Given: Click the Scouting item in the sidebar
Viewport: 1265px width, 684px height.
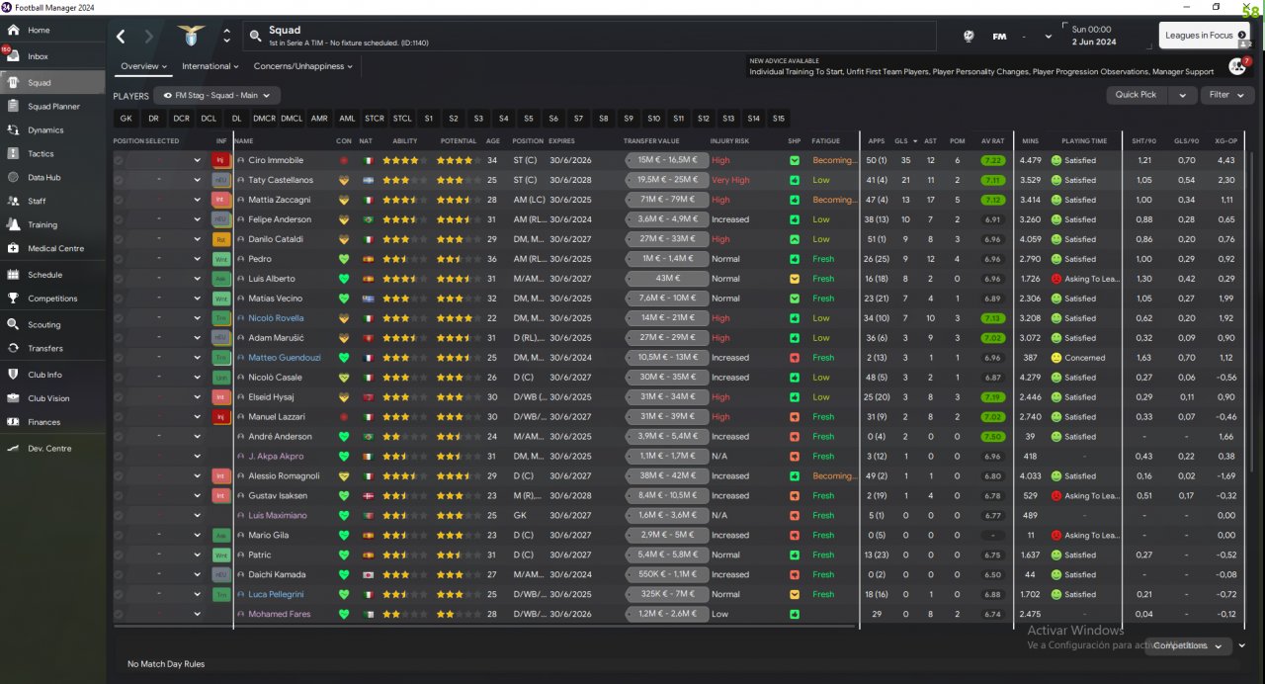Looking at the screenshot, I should tap(43, 324).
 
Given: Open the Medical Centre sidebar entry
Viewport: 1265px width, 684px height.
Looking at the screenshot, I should tap(55, 248).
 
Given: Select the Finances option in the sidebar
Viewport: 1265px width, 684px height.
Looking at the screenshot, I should tap(43, 422).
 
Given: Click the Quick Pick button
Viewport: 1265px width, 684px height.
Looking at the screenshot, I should tap(1136, 95).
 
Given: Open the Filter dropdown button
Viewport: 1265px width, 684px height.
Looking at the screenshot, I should tap(1226, 95).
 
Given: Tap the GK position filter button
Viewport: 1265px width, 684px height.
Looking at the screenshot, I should tap(126, 119).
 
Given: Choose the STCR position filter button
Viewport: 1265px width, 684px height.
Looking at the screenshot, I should tap(375, 119).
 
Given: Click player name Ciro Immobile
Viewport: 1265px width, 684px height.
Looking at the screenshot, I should tap(276, 160).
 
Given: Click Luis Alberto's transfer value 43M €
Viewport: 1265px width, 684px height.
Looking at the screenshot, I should tap(667, 279).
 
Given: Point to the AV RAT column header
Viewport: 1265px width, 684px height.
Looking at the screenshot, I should tap(992, 141).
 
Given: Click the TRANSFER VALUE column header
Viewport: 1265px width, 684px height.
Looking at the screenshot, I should tap(653, 141).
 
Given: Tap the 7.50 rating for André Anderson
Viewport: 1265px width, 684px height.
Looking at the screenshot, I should tap(993, 437).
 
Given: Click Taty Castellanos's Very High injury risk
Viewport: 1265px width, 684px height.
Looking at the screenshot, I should tap(730, 180).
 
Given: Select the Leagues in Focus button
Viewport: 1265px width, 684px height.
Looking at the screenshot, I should tap(1198, 36).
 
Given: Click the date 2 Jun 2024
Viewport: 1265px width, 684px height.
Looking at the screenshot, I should tap(1094, 42).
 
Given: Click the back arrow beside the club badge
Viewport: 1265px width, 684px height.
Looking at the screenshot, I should tap(121, 37).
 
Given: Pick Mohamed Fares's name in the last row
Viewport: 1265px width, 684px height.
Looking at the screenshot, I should tap(279, 614).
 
